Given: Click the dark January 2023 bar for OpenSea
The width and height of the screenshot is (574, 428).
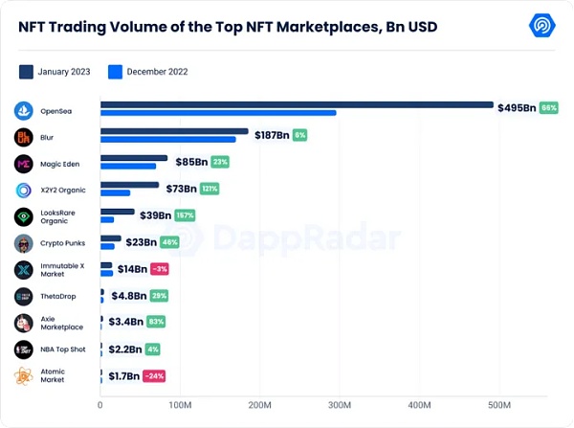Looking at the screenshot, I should [297, 104].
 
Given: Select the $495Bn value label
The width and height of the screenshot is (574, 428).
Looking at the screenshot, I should [517, 108].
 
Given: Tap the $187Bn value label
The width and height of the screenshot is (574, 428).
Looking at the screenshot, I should [272, 135].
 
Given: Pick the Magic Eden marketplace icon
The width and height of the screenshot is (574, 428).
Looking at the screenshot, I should [24, 164].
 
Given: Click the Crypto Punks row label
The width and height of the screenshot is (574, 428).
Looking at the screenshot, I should [63, 243].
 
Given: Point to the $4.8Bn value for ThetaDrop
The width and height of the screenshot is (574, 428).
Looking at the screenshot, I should [128, 296].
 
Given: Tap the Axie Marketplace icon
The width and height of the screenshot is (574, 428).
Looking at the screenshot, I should [24, 323].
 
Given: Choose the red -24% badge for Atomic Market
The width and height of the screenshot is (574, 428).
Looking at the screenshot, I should [153, 375].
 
